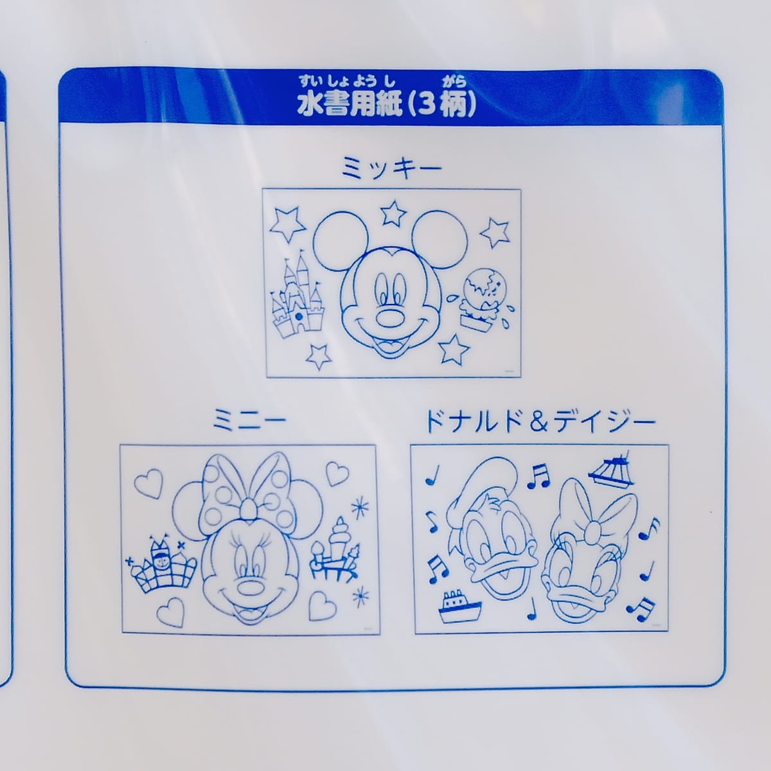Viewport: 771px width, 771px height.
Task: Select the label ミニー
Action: tap(249, 421)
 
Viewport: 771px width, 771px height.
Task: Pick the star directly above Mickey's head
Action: tap(394, 213)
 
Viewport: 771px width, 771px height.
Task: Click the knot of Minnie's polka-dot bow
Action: tap(249, 510)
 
